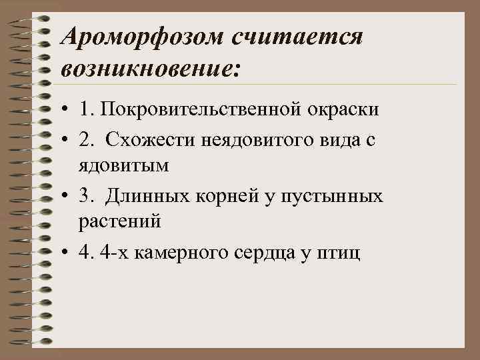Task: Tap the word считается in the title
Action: [x=297, y=36]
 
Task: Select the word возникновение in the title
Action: [x=147, y=68]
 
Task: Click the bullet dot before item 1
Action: [x=67, y=109]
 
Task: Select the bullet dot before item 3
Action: [x=67, y=196]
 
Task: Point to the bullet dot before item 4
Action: [x=67, y=253]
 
